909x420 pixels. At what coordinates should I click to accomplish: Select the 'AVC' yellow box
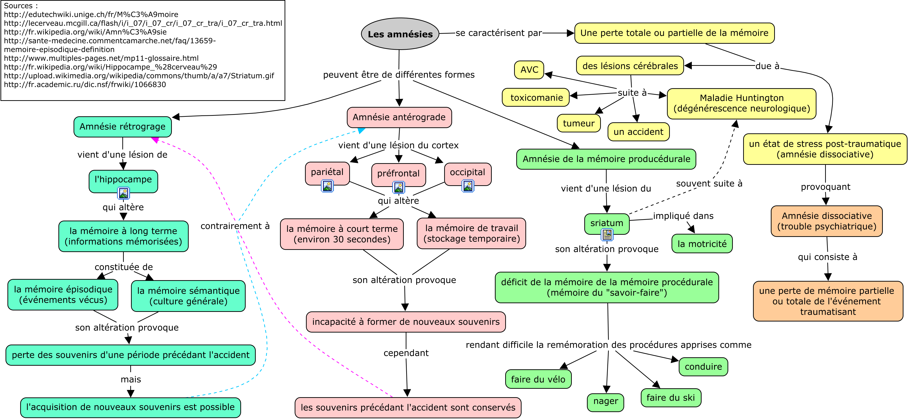pos(529,70)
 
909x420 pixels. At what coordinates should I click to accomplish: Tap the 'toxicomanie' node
pos(536,97)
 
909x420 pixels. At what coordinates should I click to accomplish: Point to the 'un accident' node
pos(638,132)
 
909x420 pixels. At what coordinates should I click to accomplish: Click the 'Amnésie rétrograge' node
pos(122,127)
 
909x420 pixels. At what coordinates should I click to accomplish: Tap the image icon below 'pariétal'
pos(327,186)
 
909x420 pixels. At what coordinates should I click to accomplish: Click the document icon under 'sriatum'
pos(607,235)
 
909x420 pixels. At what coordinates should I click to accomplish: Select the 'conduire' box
pos(703,367)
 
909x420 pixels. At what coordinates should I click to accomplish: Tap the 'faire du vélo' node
pos(538,379)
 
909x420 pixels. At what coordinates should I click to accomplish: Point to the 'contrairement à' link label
pos(235,226)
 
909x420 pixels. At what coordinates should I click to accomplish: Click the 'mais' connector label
pos(131,379)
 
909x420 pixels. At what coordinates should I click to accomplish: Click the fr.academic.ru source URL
pos(85,85)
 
